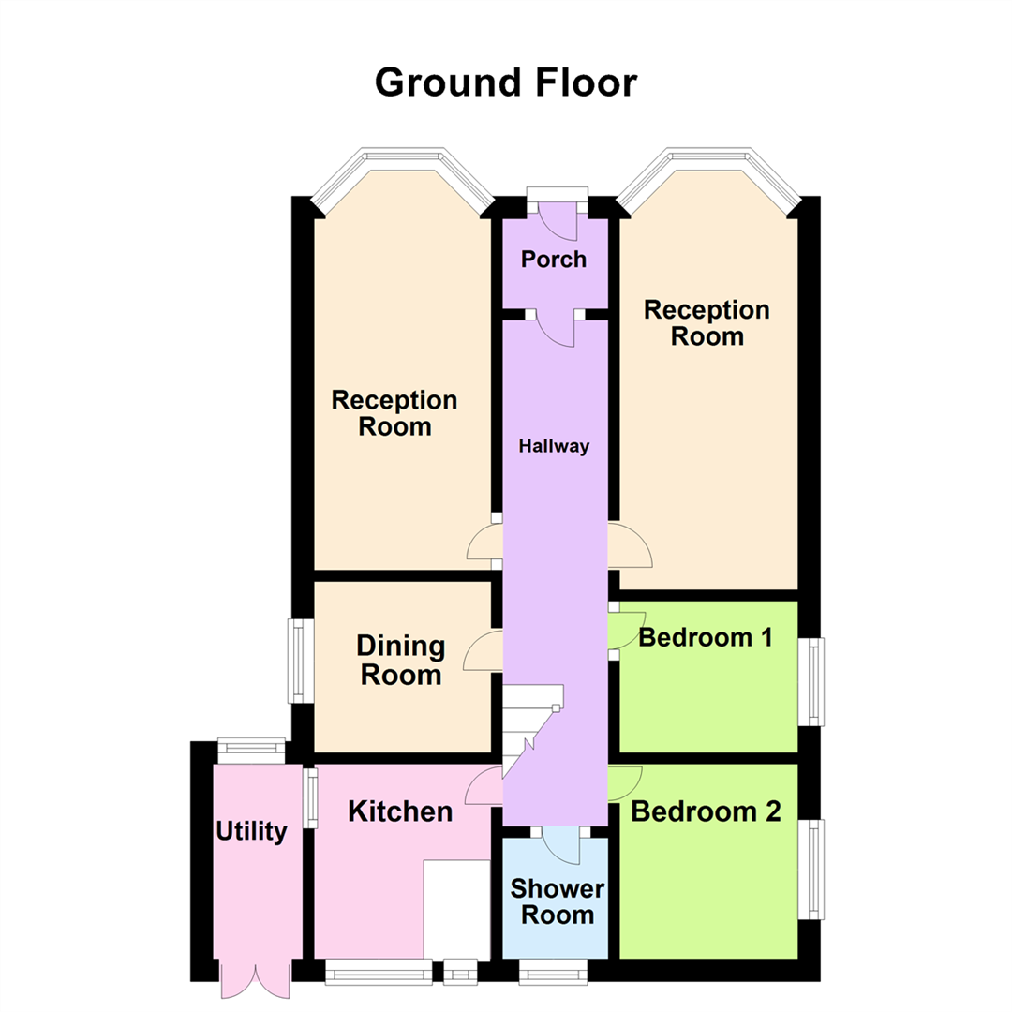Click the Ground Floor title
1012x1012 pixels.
tap(506, 82)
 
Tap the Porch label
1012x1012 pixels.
tap(554, 259)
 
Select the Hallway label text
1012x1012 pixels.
tap(555, 446)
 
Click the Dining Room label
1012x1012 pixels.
tap(401, 660)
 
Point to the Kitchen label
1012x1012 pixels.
tap(400, 811)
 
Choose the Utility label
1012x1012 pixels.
tap(251, 831)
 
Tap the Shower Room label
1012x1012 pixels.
tap(557, 901)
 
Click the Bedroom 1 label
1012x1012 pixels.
tap(705, 638)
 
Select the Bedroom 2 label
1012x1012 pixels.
tap(706, 811)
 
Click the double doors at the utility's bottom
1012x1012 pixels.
tap(250, 978)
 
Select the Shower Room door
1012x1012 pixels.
tap(562, 843)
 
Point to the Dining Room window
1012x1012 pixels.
tap(297, 661)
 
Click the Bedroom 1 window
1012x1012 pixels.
tap(814, 681)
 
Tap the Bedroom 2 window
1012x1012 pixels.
tap(814, 869)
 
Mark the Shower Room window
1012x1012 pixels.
tap(553, 973)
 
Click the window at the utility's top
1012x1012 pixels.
tap(251, 748)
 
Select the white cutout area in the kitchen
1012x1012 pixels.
tap(457, 907)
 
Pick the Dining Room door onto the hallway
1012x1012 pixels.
tap(484, 651)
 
